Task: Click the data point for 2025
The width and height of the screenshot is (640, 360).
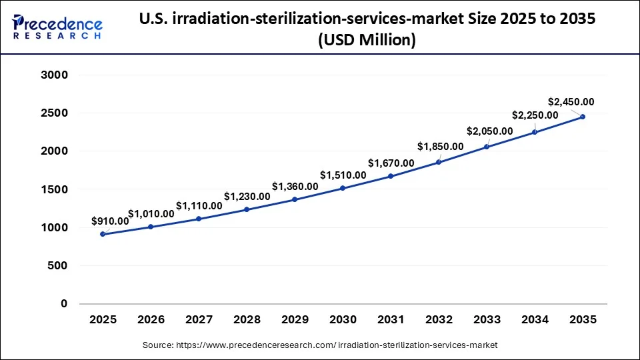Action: pyautogui.click(x=103, y=234)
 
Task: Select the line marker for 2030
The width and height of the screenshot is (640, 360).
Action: pyautogui.click(x=343, y=188)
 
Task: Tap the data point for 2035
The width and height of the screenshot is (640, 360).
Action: pyautogui.click(x=583, y=117)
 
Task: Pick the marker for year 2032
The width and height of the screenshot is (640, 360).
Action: pyautogui.click(x=439, y=162)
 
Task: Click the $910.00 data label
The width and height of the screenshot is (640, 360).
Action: pyautogui.click(x=110, y=221)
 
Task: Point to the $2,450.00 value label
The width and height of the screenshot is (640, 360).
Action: pyautogui.click(x=571, y=102)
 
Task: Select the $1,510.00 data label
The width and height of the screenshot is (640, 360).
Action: pyautogui.click(x=343, y=175)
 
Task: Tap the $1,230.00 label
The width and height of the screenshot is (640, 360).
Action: pyautogui.click(x=247, y=196)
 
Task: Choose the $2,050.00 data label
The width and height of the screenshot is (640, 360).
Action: pyautogui.click(x=490, y=131)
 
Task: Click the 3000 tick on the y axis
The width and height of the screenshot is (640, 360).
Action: pyautogui.click(x=55, y=75)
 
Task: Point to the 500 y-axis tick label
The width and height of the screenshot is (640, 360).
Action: pyautogui.click(x=59, y=266)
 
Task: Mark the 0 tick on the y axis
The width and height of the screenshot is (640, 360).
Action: pyautogui.click(x=65, y=304)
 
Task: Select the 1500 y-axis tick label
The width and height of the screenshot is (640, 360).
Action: pyautogui.click(x=55, y=190)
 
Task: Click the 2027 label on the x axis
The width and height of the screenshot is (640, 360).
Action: pyautogui.click(x=199, y=320)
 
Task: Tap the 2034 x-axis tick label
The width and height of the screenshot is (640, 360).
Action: pyautogui.click(x=535, y=320)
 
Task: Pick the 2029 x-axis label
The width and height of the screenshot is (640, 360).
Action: pyautogui.click(x=295, y=320)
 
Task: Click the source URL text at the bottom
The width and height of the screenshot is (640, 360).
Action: pyautogui.click(x=320, y=345)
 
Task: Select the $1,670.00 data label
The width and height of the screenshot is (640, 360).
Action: pyautogui.click(x=391, y=163)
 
